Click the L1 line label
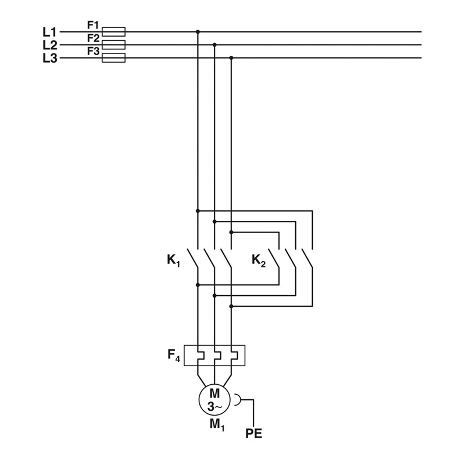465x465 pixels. point(49,32)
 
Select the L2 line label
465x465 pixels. point(49,45)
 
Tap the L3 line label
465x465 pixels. point(49,58)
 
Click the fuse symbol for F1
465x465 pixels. point(113,31)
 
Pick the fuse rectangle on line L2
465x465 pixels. point(113,45)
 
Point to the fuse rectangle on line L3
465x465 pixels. point(113,58)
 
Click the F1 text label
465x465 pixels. point(93,25)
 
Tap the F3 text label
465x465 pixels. point(93,51)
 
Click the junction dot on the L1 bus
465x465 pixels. point(198,31)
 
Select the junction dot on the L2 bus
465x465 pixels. point(214,45)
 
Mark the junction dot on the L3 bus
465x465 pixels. point(231,58)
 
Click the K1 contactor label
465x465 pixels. point(173,260)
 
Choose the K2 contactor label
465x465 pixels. point(259,260)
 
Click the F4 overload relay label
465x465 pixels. point(174,355)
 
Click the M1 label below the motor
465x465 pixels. point(217,425)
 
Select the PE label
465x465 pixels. point(253,434)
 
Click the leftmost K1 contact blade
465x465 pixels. point(192,258)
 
